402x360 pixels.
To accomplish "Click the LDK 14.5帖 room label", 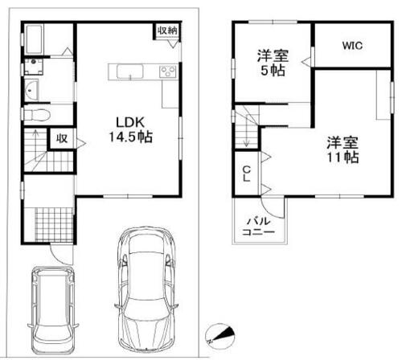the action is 130,129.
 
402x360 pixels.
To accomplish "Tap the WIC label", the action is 352,46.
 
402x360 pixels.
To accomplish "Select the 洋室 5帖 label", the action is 273,63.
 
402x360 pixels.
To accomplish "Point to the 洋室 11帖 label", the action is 343,149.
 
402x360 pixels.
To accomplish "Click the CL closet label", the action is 247,174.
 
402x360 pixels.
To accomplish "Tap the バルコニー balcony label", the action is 258,227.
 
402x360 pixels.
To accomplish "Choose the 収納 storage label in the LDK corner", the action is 167,31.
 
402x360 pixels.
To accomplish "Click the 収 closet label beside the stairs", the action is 62,138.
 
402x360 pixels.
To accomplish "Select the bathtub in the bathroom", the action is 34,39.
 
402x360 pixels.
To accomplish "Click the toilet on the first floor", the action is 37,115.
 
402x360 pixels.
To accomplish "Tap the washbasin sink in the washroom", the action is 31,90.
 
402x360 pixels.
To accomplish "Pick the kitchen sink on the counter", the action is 130,72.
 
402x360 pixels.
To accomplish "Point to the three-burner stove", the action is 168,72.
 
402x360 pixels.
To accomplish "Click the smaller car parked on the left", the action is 53,310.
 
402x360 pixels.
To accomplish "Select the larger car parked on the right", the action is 146,289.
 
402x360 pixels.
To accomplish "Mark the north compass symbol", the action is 220,336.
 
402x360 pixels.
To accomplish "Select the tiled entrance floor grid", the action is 54,225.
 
